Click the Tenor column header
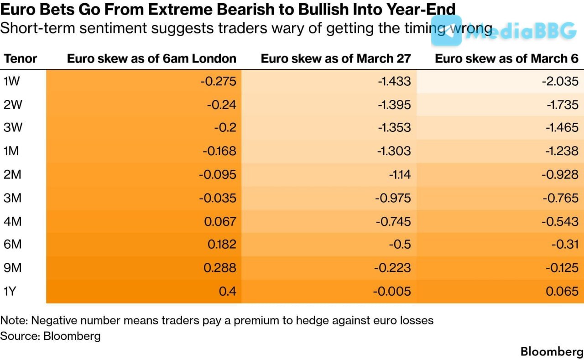click(x=20, y=58)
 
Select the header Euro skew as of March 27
click(x=336, y=58)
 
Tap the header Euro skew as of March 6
click(x=506, y=58)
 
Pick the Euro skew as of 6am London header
click(x=151, y=58)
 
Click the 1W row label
click(x=12, y=82)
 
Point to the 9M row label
click(x=13, y=268)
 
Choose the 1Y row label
click(x=11, y=291)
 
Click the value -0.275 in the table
click(x=218, y=82)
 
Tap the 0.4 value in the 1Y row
click(x=228, y=291)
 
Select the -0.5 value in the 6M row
click(x=400, y=245)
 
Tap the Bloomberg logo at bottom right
click(x=552, y=352)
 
